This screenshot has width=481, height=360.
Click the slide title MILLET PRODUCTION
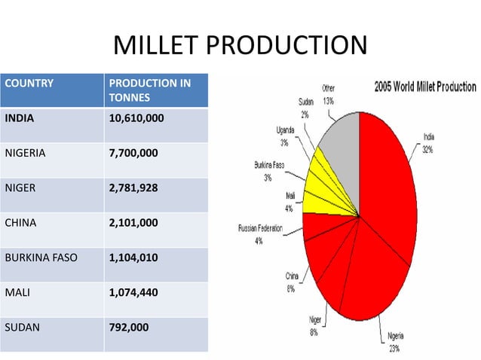point(240,46)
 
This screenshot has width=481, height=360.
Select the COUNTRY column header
point(29,83)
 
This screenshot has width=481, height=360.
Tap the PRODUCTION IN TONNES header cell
point(150,90)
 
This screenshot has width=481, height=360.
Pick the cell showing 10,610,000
point(136,118)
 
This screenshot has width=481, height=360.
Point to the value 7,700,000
point(133,153)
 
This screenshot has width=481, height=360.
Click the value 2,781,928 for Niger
point(133,188)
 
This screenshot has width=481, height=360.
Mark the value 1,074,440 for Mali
point(133,292)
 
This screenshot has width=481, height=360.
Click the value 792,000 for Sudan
point(129,327)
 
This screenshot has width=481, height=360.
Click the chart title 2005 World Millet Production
point(424,87)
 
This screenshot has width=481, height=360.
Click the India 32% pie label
point(428,143)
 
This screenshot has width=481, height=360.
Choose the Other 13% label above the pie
point(329,94)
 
